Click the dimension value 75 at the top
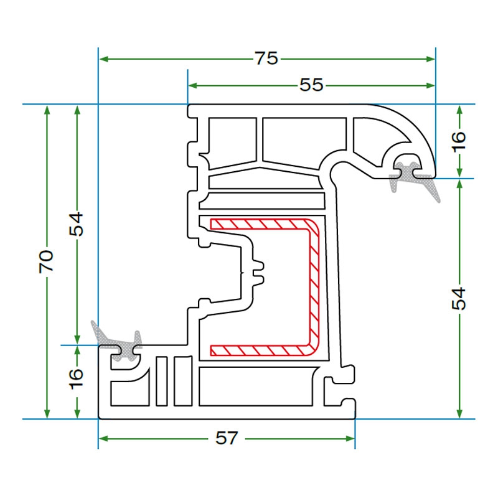(x=266, y=59)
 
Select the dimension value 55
(x=311, y=85)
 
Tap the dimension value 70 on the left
(x=46, y=261)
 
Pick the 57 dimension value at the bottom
(x=227, y=438)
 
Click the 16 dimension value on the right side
(x=459, y=141)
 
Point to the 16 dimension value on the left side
(x=76, y=379)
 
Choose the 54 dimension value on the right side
(x=459, y=299)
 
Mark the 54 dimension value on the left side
(x=76, y=225)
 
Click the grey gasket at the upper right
(x=413, y=178)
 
